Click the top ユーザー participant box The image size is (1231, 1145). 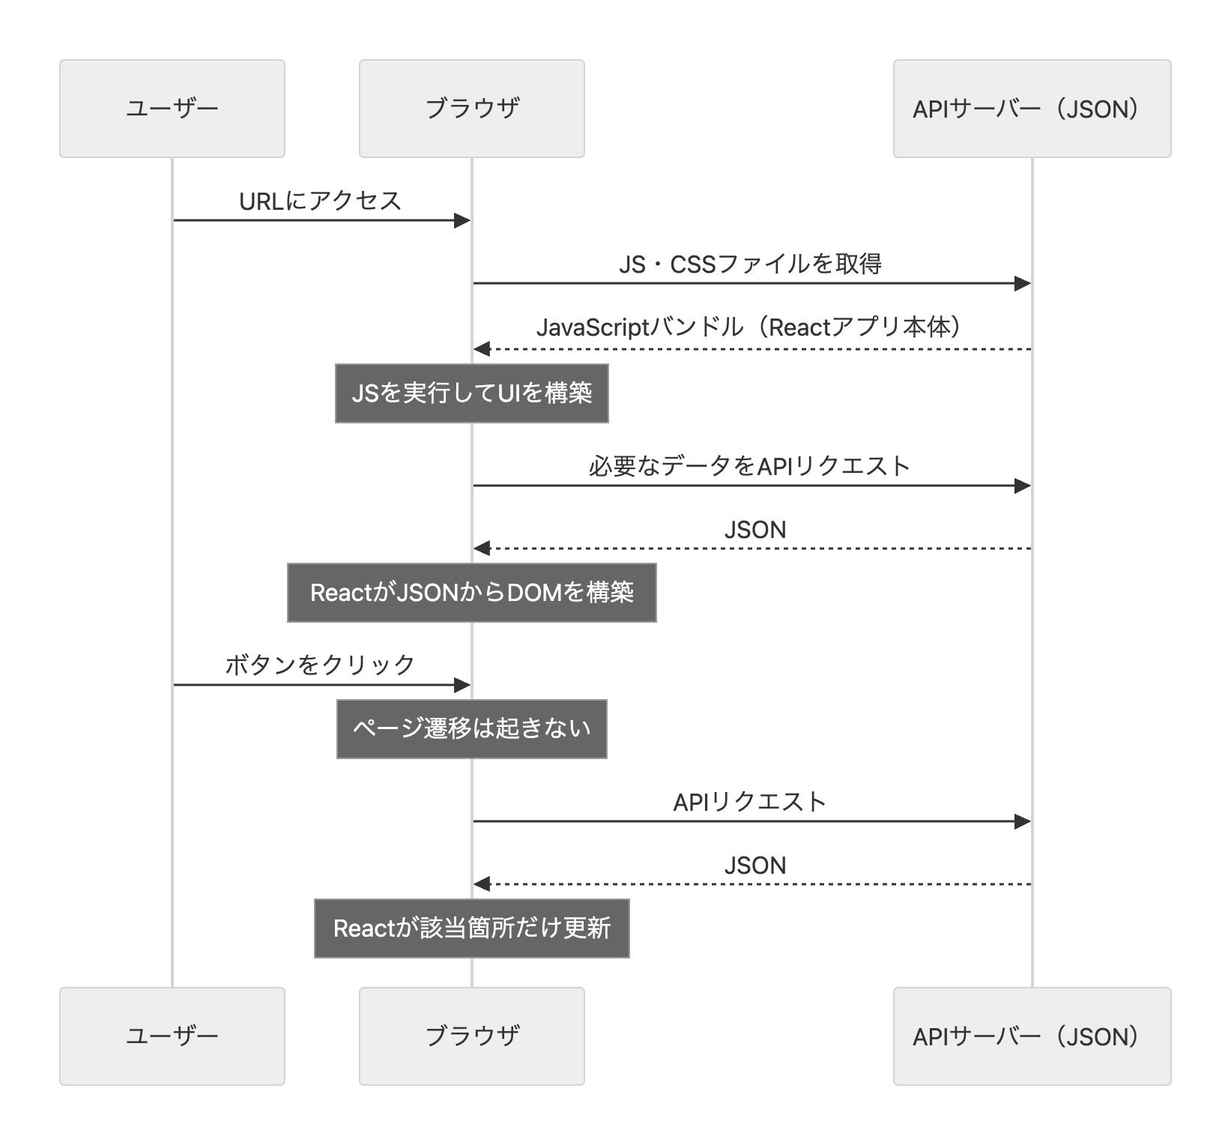[x=172, y=109]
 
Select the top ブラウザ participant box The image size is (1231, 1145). [x=471, y=109]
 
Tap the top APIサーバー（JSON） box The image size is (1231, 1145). [x=1031, y=109]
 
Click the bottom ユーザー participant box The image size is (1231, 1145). [x=172, y=1036]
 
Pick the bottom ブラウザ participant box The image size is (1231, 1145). [x=471, y=1036]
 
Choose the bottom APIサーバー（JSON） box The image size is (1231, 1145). [x=1031, y=1036]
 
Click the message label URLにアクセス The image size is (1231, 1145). [x=320, y=201]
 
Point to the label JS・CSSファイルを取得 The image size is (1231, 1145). [x=750, y=264]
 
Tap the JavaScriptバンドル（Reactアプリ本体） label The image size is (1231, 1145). [x=750, y=327]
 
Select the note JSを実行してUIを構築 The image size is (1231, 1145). [x=471, y=393]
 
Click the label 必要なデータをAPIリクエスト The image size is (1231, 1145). [x=750, y=466]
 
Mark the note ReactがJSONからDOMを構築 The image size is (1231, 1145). [x=471, y=593]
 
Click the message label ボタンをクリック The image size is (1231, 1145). [x=320, y=665]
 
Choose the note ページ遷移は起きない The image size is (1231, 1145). [x=471, y=729]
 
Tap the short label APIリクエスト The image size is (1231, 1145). [x=750, y=802]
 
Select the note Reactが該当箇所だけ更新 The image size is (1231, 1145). [x=471, y=928]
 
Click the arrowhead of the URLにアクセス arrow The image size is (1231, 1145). [x=462, y=220]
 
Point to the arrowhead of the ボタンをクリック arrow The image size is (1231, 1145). [x=462, y=685]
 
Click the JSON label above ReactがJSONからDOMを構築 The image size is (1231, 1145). [x=754, y=530]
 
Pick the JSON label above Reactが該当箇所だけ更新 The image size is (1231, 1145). [x=754, y=865]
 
